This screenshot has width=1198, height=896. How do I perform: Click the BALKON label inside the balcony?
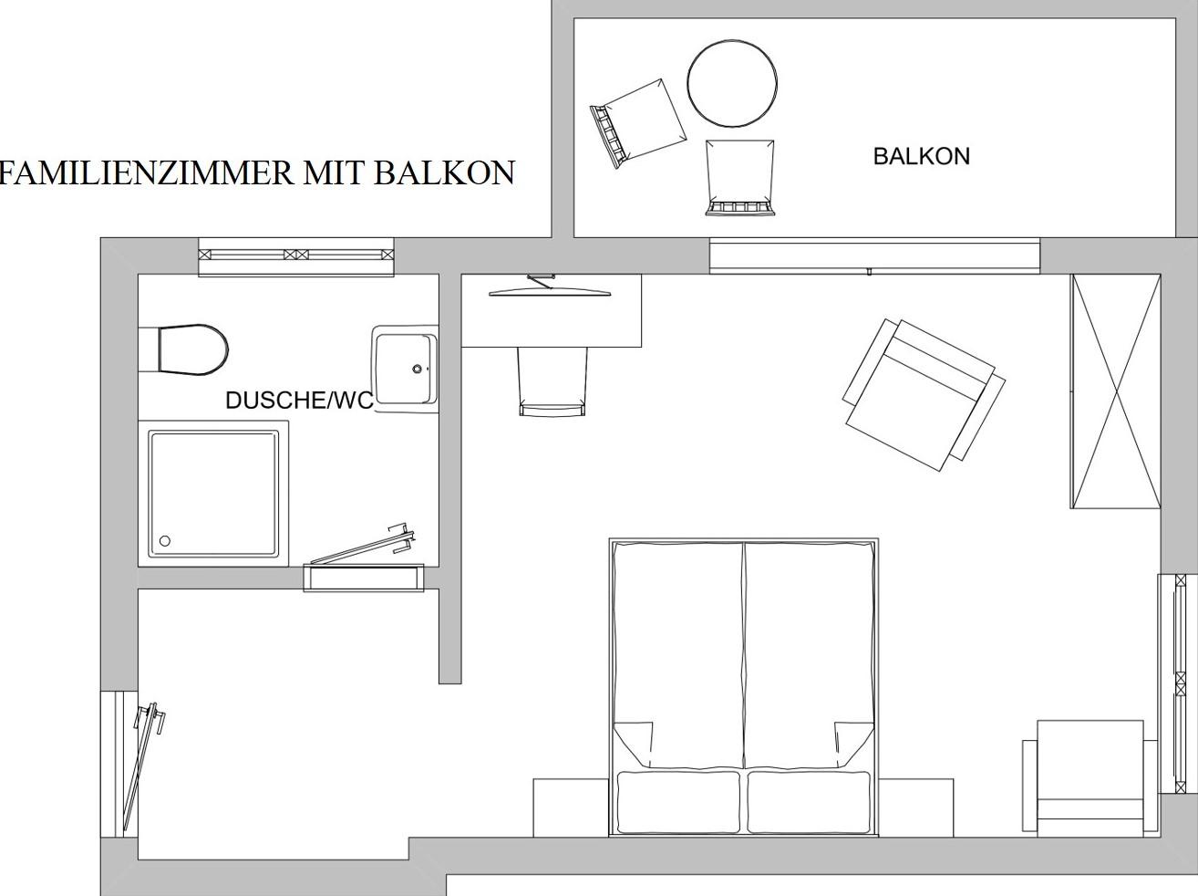(x=921, y=157)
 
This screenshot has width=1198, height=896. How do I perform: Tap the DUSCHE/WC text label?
(x=299, y=401)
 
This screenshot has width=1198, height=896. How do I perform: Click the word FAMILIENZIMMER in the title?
(x=147, y=173)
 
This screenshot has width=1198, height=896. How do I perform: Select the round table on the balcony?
(x=732, y=84)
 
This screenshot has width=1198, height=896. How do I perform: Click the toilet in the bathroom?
(x=192, y=349)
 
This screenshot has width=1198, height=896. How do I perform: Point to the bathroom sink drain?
(x=418, y=370)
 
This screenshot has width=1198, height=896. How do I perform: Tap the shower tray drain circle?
(x=165, y=541)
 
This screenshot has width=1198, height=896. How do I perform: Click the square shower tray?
(x=214, y=494)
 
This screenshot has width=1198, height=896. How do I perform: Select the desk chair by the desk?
(x=553, y=381)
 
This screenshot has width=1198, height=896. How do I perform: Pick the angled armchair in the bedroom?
(x=924, y=395)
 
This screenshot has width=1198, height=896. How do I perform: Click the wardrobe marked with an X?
(x=1116, y=391)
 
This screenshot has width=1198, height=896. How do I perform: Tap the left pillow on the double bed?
(x=678, y=802)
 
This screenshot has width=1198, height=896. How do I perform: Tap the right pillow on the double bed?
(x=809, y=802)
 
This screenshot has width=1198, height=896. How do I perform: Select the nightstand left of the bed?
(x=571, y=807)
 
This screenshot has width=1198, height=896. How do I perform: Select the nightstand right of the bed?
(x=916, y=807)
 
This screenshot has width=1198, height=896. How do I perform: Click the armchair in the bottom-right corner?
(x=1090, y=778)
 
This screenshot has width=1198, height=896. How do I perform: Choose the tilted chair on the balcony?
(x=637, y=123)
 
